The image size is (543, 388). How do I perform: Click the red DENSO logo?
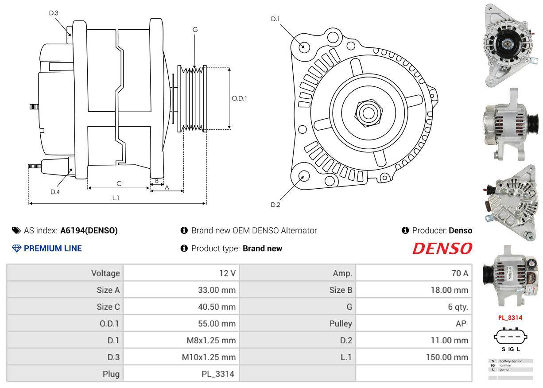tap(442, 248)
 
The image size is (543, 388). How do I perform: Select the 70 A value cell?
tap(459, 273)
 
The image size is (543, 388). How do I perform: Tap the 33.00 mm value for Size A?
tap(217, 290)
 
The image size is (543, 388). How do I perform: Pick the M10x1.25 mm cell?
tap(209, 357)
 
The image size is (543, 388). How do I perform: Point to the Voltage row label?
tap(105, 273)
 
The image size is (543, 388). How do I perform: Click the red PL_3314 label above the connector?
tap(510, 318)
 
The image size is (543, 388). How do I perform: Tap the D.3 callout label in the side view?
tap(54, 13)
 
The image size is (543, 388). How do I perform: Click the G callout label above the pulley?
tap(195, 30)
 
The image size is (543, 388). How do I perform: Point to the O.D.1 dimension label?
tap(239, 98)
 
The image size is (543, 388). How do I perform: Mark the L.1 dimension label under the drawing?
tap(116, 198)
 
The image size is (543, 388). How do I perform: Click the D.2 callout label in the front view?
tap(275, 205)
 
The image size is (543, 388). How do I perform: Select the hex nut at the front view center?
tap(367, 112)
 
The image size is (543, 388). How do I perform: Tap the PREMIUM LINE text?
tap(53, 248)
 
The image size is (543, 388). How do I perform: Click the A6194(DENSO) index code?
tap(89, 230)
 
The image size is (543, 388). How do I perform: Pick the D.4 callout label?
tap(55, 192)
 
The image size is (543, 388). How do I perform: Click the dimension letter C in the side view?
tap(119, 183)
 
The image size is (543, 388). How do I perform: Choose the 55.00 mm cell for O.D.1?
tap(217, 323)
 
